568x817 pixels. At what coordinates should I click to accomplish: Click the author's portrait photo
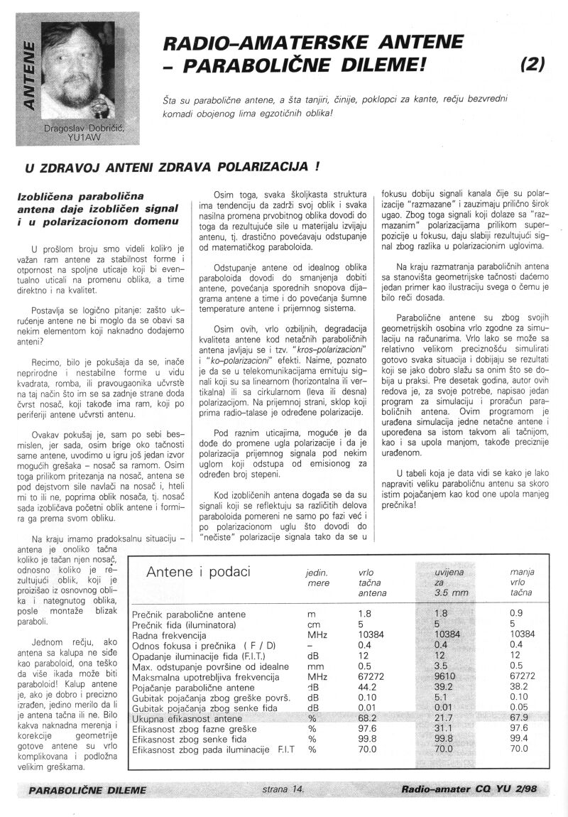(x=78, y=67)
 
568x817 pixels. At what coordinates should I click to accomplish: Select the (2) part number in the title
(x=532, y=65)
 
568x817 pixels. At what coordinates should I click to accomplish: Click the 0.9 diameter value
(x=516, y=613)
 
